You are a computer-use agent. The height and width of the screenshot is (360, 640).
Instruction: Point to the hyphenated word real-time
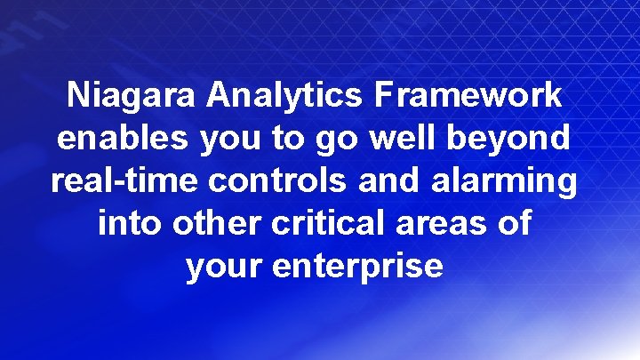pos(125,181)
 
